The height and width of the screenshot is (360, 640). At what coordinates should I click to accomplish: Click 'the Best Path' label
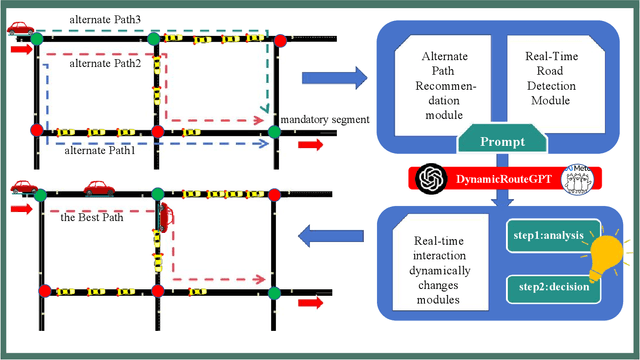click(91, 217)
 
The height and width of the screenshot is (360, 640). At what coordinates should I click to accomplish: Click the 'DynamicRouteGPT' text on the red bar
click(509, 180)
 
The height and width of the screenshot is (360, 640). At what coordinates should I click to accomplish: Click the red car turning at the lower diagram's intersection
click(164, 212)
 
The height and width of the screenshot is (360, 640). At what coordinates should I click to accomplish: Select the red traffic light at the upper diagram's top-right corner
click(282, 40)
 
